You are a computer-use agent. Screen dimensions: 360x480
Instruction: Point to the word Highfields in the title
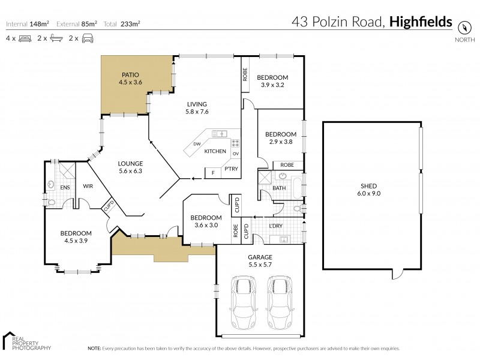pyautogui.click(x=421, y=22)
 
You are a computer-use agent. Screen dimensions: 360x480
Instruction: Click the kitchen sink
pyautogui.click(x=219, y=134)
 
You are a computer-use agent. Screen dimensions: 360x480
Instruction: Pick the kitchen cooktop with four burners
pyautogui.click(x=236, y=143)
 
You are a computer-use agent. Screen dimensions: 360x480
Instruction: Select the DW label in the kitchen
pyautogui.click(x=197, y=144)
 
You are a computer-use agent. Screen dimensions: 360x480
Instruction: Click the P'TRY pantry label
pyautogui.click(x=231, y=169)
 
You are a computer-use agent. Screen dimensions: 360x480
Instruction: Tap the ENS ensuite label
pyautogui.click(x=65, y=187)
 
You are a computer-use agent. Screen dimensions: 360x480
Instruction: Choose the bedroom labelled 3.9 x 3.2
pyautogui.click(x=272, y=82)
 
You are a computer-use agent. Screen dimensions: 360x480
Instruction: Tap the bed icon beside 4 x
pyautogui.click(x=25, y=38)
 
